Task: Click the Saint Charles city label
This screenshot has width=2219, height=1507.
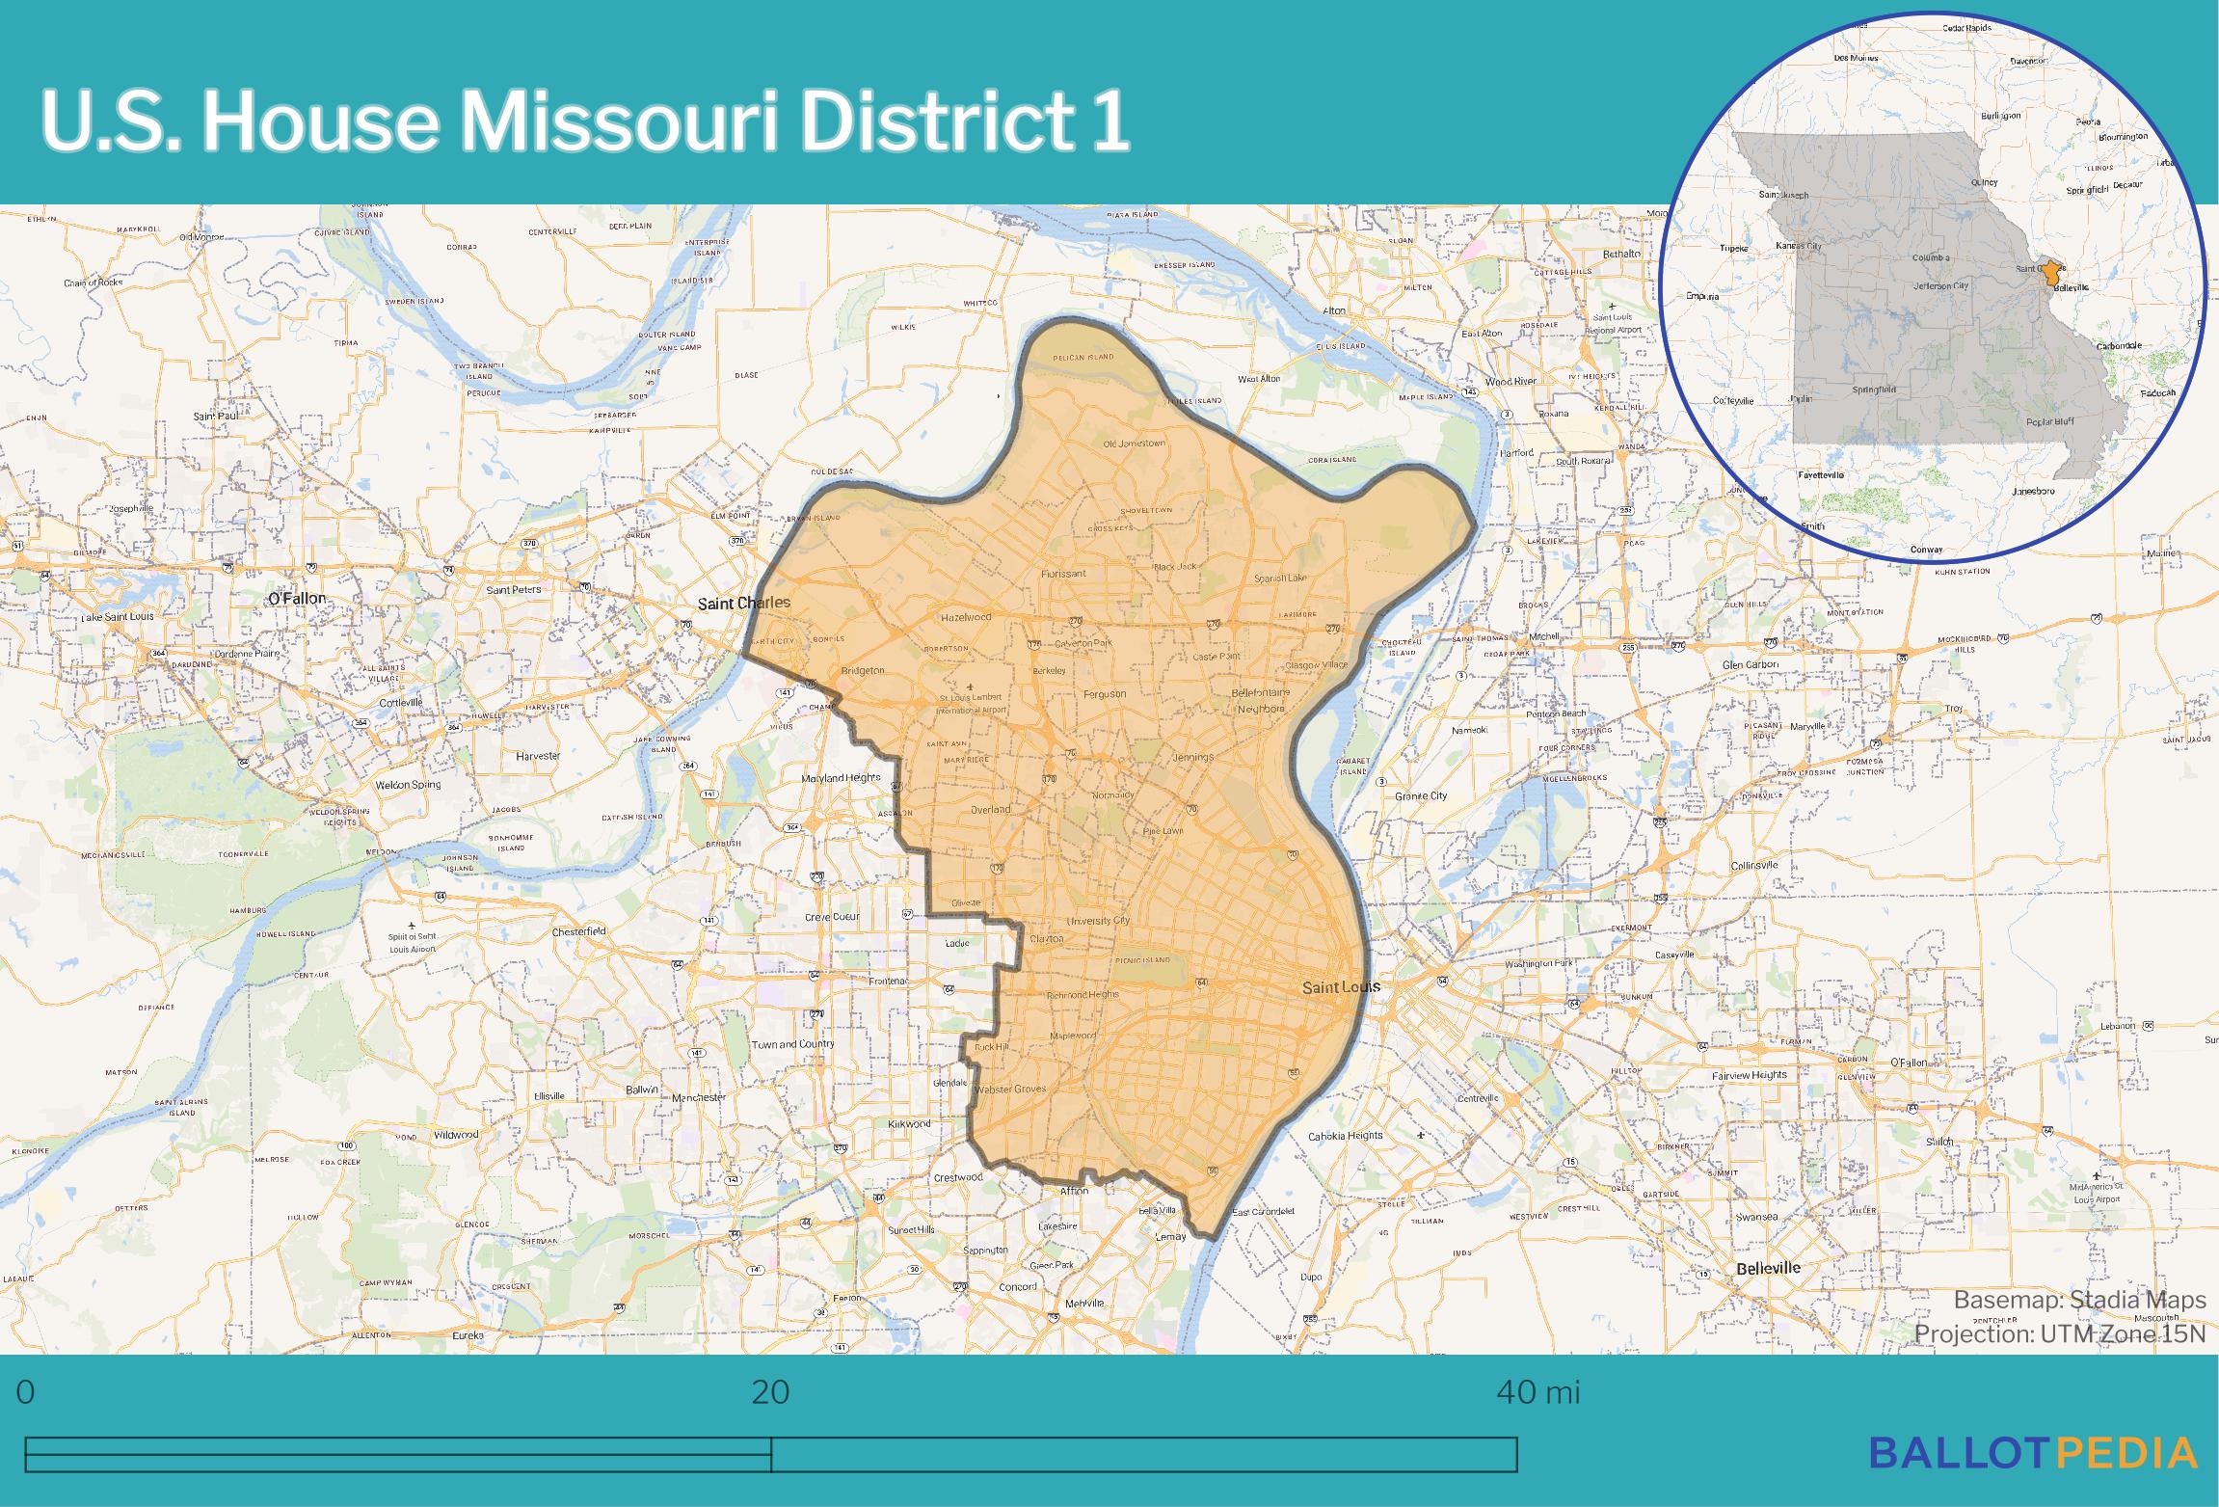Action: (743, 603)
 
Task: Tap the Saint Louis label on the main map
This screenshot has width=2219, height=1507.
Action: (1341, 987)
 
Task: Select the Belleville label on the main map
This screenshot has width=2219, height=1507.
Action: (1768, 1269)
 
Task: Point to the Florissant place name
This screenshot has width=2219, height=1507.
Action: (1063, 574)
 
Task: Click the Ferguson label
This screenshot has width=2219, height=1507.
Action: (1104, 693)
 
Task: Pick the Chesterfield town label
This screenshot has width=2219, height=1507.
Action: (578, 931)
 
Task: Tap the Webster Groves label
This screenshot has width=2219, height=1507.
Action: (1010, 1090)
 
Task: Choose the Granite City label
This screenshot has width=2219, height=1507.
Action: (1421, 796)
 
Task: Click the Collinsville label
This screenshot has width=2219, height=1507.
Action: (1754, 865)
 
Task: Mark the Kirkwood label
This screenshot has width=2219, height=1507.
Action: (909, 1124)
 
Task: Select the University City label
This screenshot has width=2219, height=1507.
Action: (1098, 921)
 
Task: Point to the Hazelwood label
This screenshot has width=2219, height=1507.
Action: (966, 616)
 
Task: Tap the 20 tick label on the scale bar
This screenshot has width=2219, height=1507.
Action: (770, 1392)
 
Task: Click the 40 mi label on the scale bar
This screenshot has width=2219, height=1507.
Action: (1537, 1392)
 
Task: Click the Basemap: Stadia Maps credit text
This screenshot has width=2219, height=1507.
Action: (2079, 1300)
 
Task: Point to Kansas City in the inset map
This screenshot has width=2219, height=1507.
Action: (1798, 247)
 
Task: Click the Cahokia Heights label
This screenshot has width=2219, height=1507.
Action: (1345, 1136)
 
